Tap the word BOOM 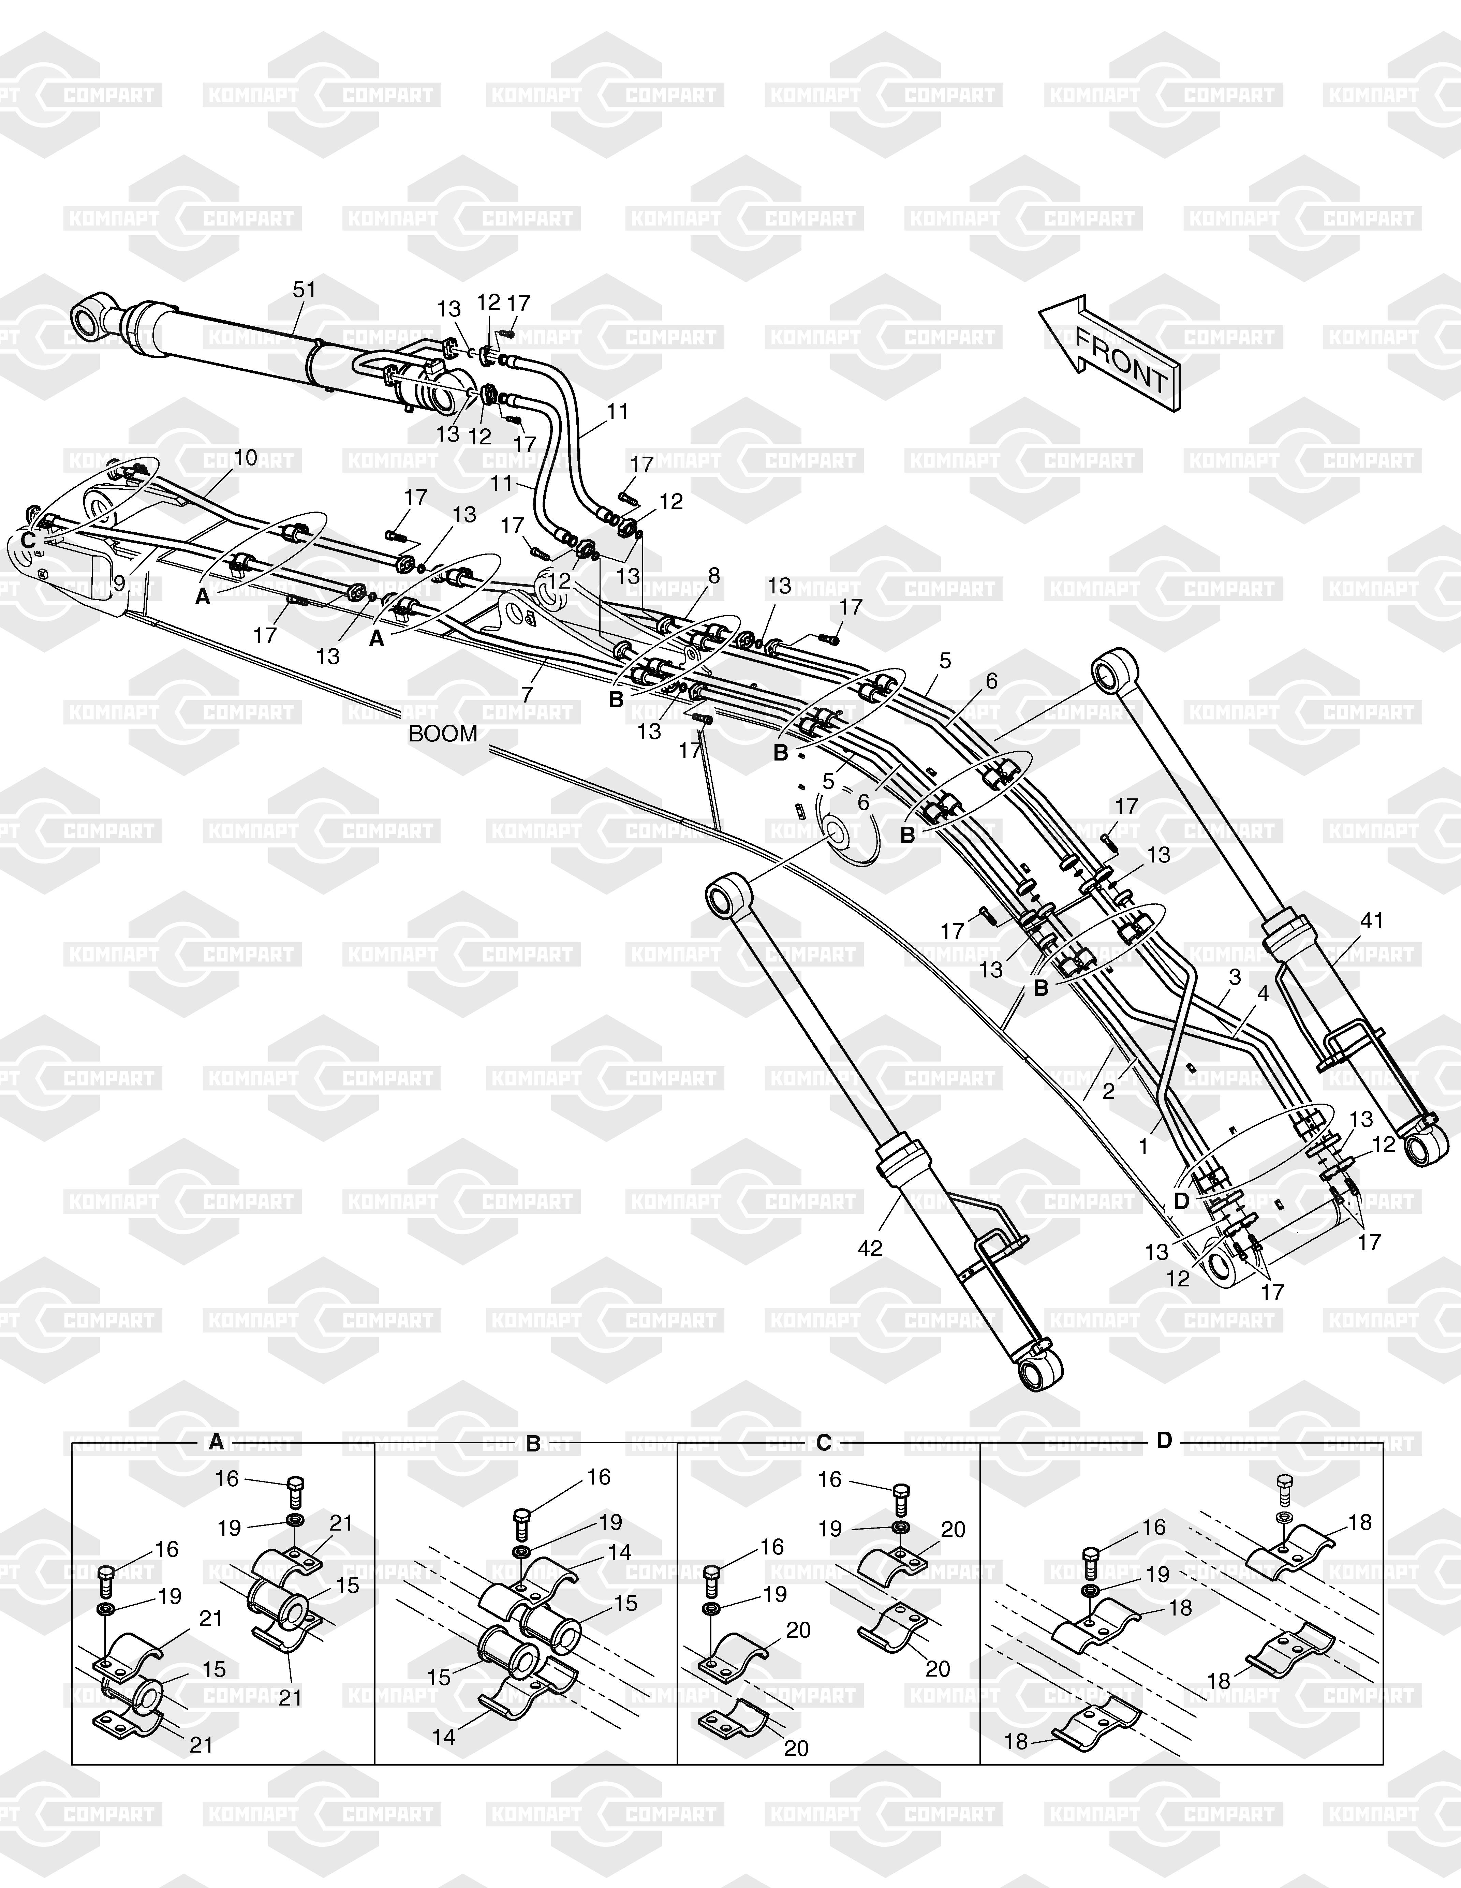click(443, 734)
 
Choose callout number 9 click(119, 584)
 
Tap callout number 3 click(1235, 977)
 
